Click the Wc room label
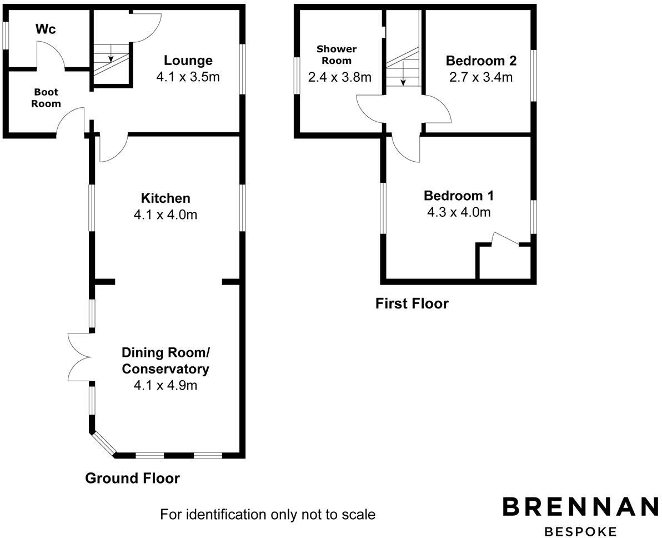click(46, 29)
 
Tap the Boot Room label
click(46, 98)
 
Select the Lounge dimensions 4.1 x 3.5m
click(188, 77)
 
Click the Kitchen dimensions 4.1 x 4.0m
click(165, 214)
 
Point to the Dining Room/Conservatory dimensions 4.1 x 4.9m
click(165, 385)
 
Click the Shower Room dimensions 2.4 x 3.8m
click(339, 77)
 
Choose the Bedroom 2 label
click(481, 60)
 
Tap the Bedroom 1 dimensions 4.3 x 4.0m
click(459, 212)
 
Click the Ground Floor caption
click(132, 478)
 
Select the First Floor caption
click(412, 303)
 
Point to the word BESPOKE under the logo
click(581, 531)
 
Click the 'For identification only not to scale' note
click(268, 514)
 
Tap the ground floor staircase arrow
click(111, 56)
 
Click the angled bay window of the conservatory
click(103, 444)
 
